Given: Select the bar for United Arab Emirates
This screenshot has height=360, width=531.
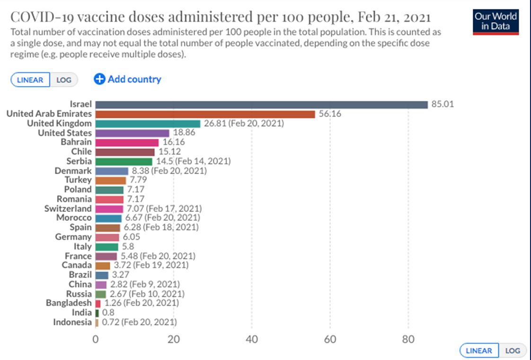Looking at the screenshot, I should [x=205, y=114].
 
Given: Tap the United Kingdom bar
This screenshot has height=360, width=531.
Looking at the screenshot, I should [x=148, y=123].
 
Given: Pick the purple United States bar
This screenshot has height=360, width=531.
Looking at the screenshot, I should [x=132, y=133].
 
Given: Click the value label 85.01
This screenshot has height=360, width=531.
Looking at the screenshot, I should [x=442, y=105].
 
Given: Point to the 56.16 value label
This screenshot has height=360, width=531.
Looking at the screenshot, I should [x=329, y=114].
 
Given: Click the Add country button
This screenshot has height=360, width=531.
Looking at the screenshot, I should [x=128, y=79].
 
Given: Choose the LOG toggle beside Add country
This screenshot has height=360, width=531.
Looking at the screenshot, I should [x=64, y=80].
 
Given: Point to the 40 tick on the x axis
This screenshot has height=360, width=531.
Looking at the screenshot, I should [x=252, y=339].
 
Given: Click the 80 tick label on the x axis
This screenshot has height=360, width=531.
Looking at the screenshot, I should [x=408, y=339].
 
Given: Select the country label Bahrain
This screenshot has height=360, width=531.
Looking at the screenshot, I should [x=76, y=142].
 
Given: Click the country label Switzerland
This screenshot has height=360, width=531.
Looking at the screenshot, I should [x=68, y=209].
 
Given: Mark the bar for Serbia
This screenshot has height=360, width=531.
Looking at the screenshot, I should [x=124, y=161].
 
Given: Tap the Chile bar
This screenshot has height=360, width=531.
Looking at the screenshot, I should [x=125, y=152].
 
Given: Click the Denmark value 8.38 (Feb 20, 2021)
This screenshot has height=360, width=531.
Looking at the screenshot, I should [x=168, y=171].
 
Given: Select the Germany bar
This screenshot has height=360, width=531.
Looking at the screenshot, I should [x=107, y=237].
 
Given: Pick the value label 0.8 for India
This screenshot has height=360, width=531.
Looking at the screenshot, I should [x=108, y=313].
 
